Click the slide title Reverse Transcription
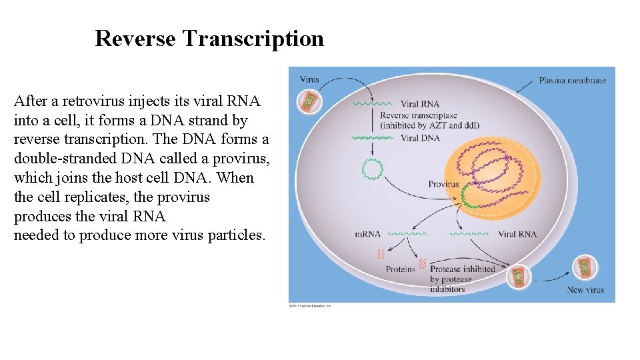[209, 39]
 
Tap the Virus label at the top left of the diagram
[309, 79]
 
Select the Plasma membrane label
[572, 81]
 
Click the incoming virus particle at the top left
[309, 101]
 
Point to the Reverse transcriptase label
[419, 115]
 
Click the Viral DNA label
[420, 138]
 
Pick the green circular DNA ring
[371, 169]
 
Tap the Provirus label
[443, 184]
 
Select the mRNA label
[367, 234]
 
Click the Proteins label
[400, 269]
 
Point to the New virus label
[585, 290]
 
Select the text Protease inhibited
[462, 269]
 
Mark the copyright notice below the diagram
[310, 306]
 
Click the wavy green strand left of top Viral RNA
[372, 105]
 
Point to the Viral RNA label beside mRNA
[517, 234]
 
